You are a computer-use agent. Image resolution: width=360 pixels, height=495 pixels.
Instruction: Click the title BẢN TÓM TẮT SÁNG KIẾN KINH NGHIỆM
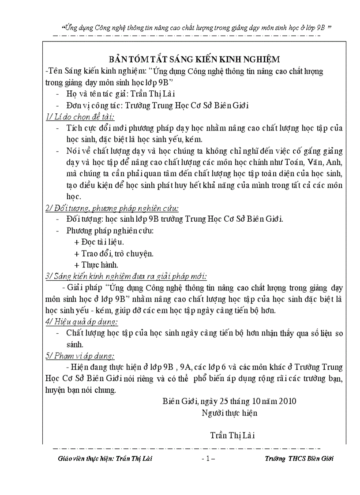coord(195,60)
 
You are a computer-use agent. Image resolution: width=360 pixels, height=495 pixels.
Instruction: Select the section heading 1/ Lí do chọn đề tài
coord(80,117)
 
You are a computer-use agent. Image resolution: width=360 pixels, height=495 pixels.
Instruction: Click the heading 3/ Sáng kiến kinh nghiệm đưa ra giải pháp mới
coord(126,276)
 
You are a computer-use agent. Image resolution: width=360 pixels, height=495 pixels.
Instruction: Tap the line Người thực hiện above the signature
coord(229,413)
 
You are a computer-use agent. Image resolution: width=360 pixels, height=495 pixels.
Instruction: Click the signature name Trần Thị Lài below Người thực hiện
coord(232,435)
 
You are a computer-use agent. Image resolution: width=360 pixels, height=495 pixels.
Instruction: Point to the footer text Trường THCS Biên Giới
coord(299,458)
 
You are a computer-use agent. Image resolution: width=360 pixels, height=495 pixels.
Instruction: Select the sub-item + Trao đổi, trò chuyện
coord(114,253)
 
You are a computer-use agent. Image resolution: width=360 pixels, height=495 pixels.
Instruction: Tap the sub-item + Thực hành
coord(96,265)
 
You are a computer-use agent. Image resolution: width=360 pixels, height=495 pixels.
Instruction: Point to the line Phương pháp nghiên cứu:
coord(110,231)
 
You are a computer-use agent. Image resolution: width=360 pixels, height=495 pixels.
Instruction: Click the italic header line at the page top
coord(197,27)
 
